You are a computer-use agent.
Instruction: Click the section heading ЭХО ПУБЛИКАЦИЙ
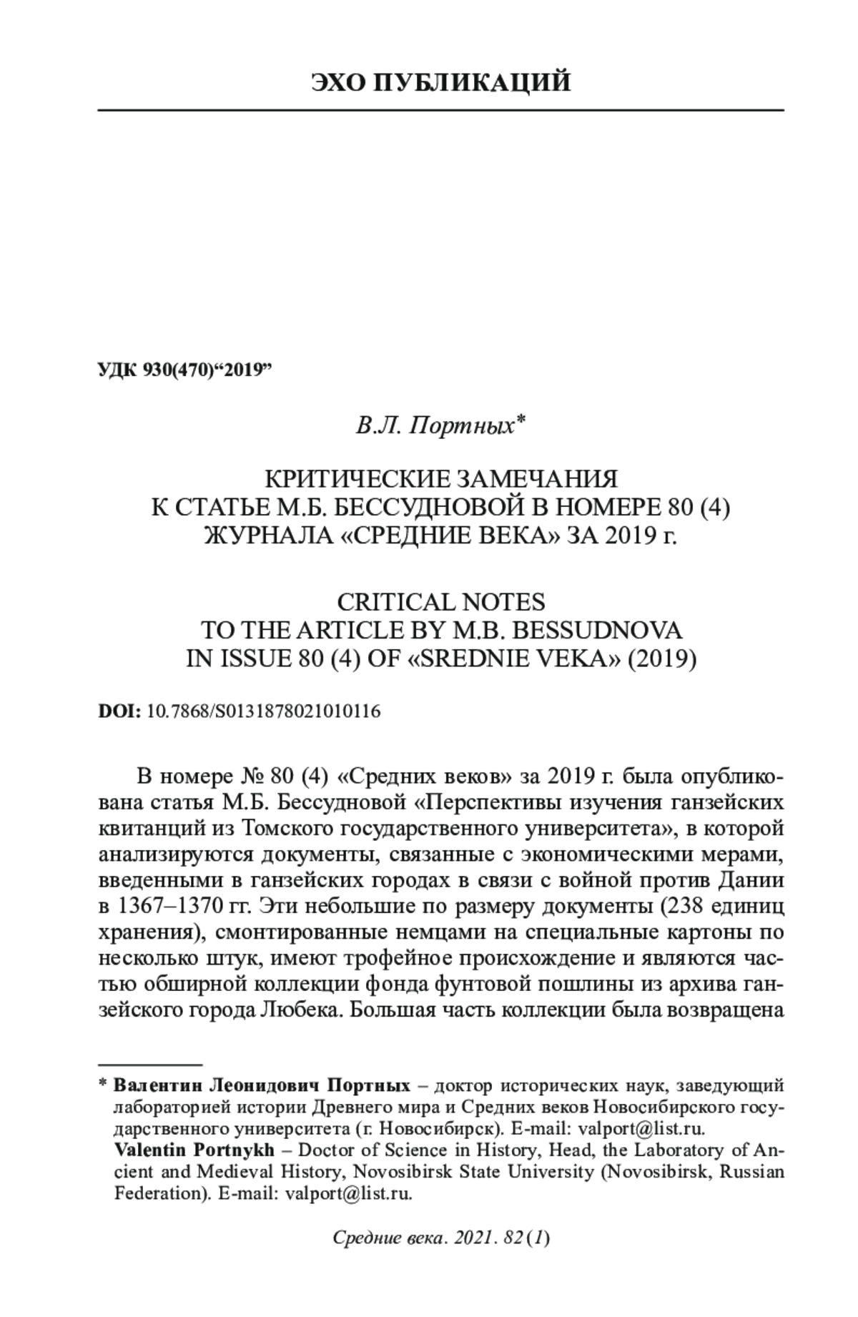(441, 83)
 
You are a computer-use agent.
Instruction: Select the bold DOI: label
(119, 711)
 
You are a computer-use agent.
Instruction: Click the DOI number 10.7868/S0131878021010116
(263, 711)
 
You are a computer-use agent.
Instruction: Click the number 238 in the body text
(686, 908)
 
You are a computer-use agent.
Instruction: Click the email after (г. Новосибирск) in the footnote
(641, 1129)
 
